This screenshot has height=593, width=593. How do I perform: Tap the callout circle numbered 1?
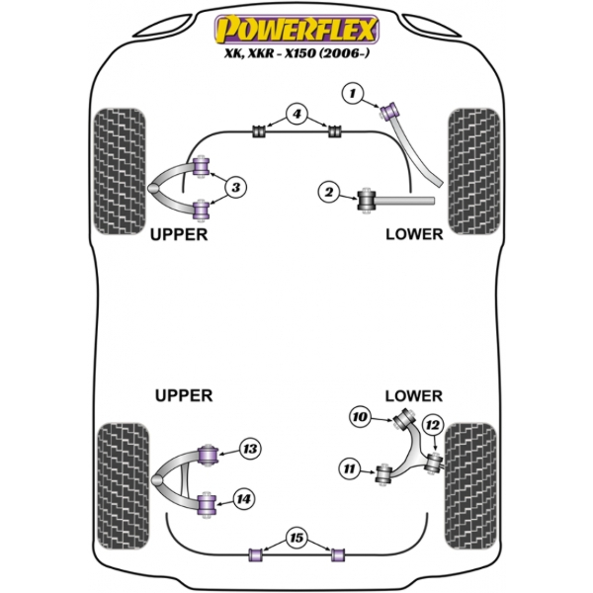[352, 94]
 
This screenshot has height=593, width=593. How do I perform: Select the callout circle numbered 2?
[329, 192]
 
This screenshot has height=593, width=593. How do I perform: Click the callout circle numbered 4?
[296, 116]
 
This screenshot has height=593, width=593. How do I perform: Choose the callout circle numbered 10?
[360, 418]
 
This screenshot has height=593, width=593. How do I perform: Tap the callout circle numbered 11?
[347, 467]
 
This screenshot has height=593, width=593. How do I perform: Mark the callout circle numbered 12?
[432, 425]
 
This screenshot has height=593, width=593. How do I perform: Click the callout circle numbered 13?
[251, 450]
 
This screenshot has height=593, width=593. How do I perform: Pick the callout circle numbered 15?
[296, 540]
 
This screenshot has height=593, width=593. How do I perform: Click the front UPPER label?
[178, 234]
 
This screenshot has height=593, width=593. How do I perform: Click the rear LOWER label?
[413, 395]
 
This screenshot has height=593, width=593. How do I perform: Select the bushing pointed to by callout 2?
[367, 200]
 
